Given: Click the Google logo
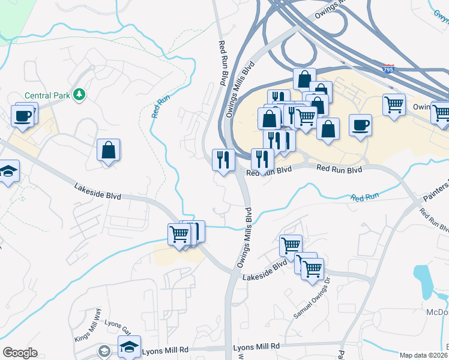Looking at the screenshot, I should click(20, 353).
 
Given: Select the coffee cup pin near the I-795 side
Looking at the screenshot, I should click(360, 125).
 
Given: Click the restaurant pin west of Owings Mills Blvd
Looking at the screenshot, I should click(223, 160).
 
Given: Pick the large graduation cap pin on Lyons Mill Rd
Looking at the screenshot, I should click(129, 346).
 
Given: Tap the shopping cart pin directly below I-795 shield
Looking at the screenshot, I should click(394, 106).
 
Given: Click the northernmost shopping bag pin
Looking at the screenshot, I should click(304, 79).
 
